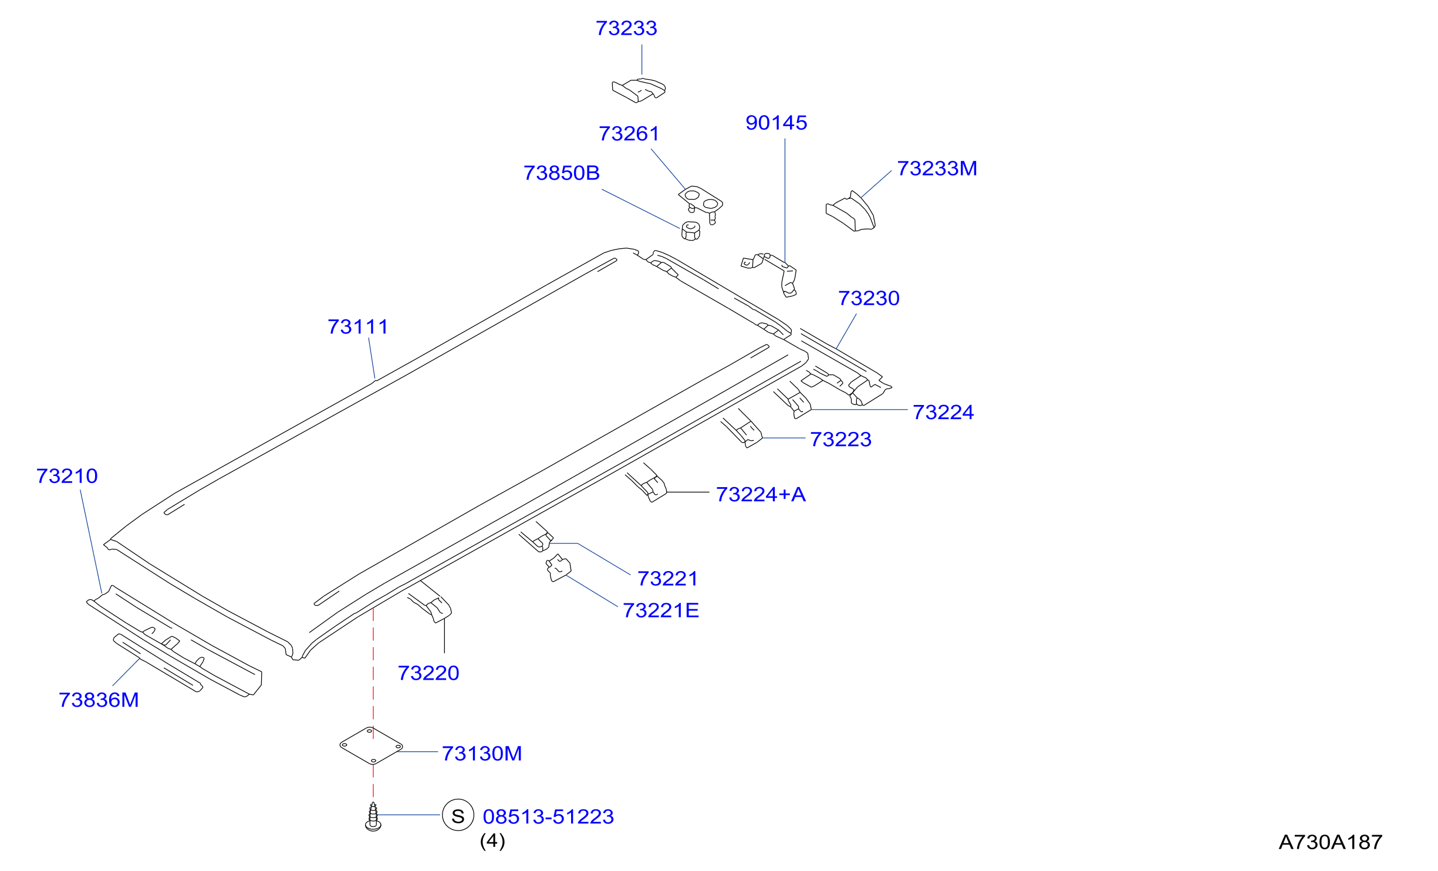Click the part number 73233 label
626,28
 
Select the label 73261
629,134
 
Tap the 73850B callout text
562,173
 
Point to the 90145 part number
777,123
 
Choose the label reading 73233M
937,168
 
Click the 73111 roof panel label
358,327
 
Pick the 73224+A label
761,495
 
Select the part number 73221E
661,611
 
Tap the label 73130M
482,754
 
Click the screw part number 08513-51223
548,817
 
